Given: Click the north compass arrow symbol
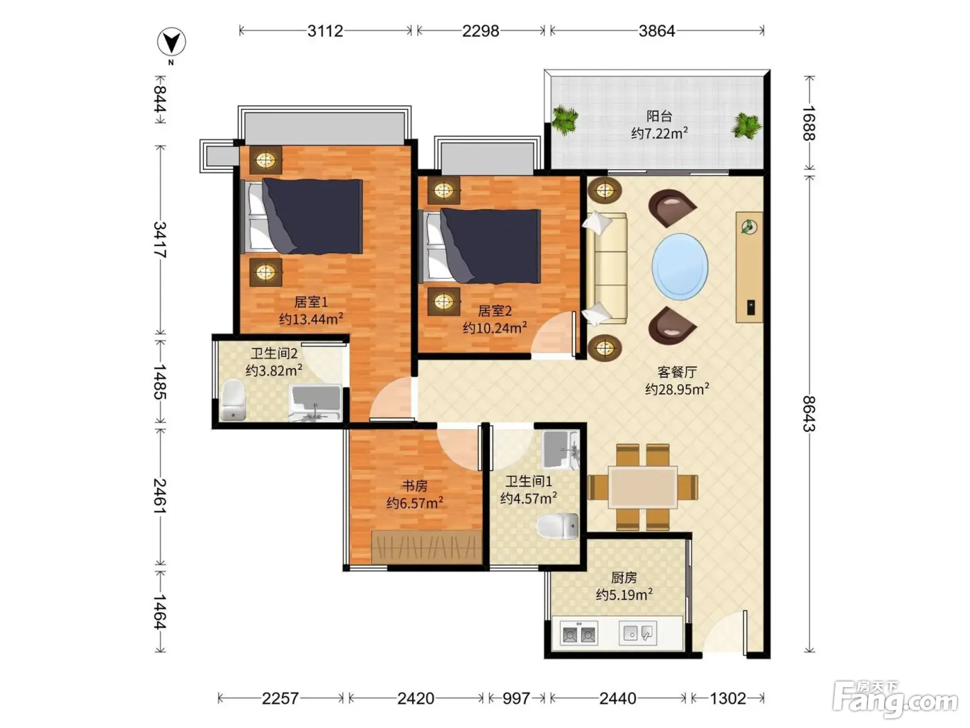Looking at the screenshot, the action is coord(171,42).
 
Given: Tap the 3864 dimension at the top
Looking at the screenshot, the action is coord(657,31).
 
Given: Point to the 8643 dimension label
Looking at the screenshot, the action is coord(809,414).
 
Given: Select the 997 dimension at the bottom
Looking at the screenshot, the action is coord(516,698).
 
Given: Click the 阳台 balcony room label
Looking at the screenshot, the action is coord(660,116).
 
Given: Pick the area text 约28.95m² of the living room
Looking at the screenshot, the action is coord(677,389).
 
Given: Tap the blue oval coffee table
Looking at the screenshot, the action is coord(680,266).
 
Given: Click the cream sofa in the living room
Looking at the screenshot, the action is coord(606,268).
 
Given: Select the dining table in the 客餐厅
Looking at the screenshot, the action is coord(642,487).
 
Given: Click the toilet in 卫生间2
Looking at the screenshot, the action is coord(233,400).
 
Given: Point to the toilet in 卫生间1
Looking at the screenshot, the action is coord(558,526).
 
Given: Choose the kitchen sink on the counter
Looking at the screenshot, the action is coord(637,634).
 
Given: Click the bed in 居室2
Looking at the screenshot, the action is coord(480,246).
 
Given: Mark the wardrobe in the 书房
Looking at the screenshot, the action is coord(426,547).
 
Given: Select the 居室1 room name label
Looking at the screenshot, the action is coord(311,302).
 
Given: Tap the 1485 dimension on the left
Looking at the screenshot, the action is coord(160,382).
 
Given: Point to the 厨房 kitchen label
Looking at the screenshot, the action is coord(624,578).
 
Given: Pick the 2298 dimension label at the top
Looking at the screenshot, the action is coord(481,31).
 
